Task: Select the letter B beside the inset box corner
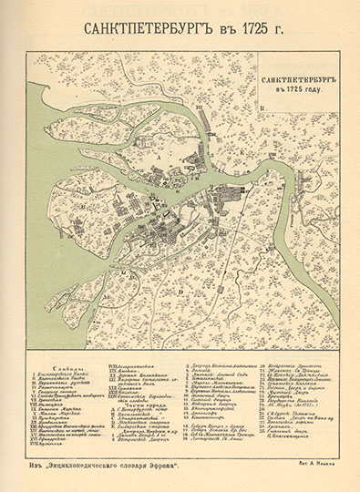[x=262, y=114]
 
